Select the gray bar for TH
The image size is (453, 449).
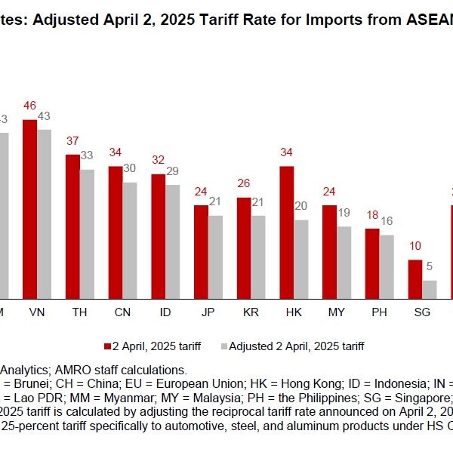coord(88,235)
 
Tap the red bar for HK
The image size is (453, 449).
coord(286,233)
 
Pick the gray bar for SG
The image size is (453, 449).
coord(430,291)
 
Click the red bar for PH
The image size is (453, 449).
coord(372,264)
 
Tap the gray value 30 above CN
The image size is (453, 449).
coord(131,169)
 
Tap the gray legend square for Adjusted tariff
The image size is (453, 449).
coord(223,346)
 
